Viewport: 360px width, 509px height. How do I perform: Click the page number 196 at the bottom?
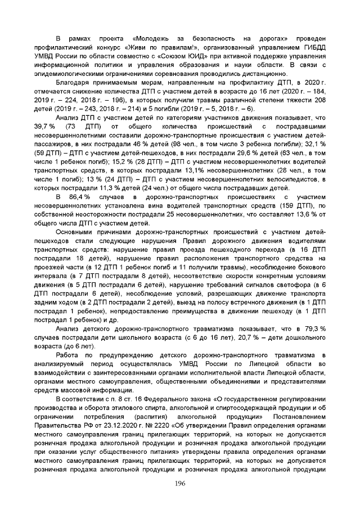[x=179, y=484]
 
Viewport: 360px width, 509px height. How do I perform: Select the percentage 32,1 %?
[x=314, y=145]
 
